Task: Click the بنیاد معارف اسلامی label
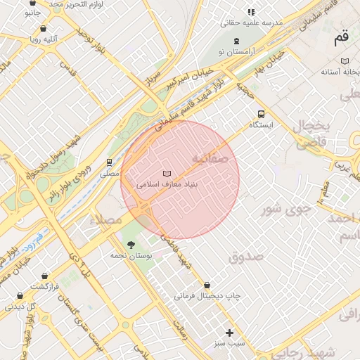coord(167,184)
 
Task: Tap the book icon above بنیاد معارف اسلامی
coord(167,173)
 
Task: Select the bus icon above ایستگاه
coord(262,113)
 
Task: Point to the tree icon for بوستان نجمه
coord(131,244)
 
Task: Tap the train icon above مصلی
coord(109,162)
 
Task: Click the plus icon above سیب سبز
coord(229,333)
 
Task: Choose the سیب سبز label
coord(229,344)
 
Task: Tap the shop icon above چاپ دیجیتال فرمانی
coord(207,285)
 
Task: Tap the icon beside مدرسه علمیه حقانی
coord(251,12)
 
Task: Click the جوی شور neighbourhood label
coord(285,208)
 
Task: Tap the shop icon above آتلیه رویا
coord(44,29)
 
